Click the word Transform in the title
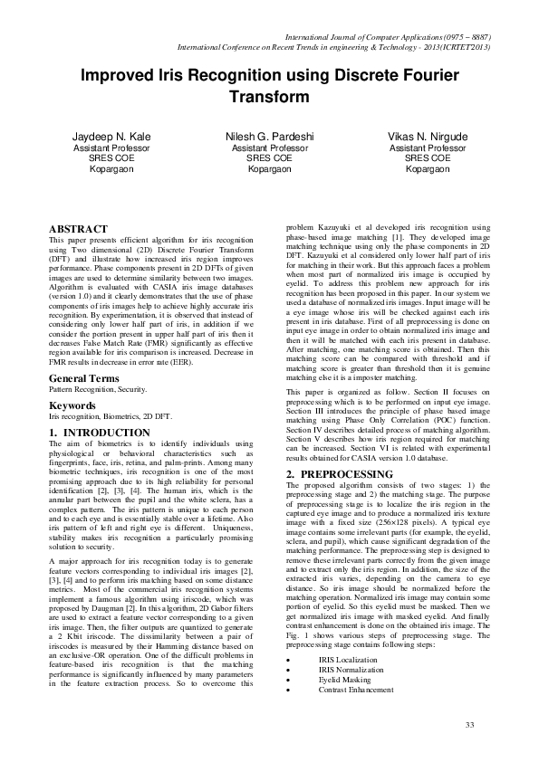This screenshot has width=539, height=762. (x=269, y=96)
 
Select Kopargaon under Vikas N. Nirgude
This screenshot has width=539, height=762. (x=428, y=169)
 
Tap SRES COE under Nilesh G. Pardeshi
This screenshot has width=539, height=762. (x=269, y=158)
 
